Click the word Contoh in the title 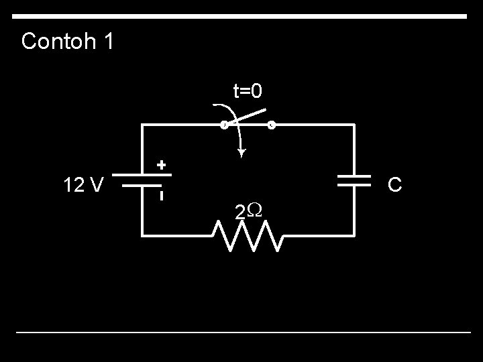(x=58, y=42)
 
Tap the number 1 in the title (x=108, y=42)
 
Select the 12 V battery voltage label (x=83, y=184)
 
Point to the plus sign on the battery (x=161, y=164)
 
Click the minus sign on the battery (x=161, y=196)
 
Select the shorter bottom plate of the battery (x=142, y=188)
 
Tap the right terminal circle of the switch (x=271, y=125)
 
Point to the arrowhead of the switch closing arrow (x=241, y=154)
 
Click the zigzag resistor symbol (x=248, y=235)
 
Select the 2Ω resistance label (x=248, y=212)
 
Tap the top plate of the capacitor (x=354, y=176)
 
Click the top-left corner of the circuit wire (x=142, y=125)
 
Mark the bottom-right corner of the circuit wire (x=354, y=235)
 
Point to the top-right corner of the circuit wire (x=354, y=125)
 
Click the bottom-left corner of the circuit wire (x=142, y=235)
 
